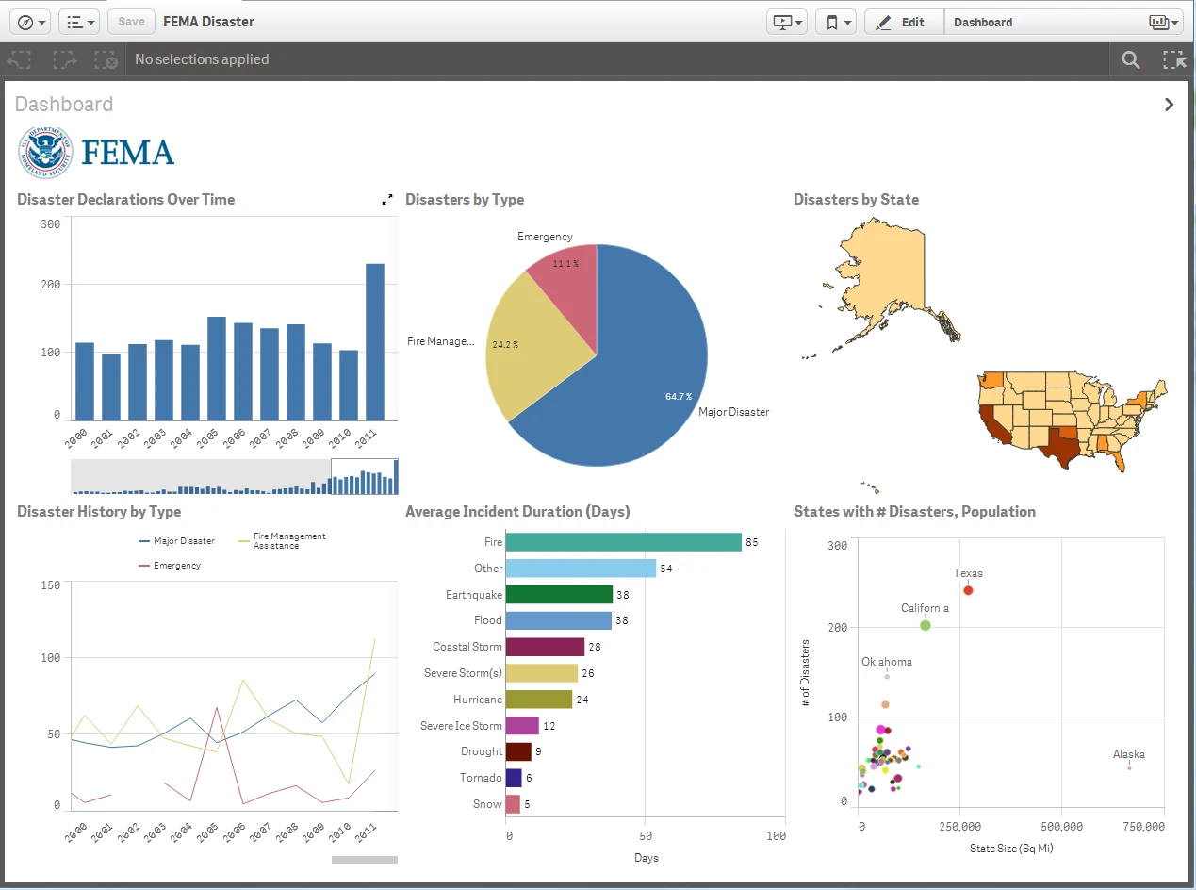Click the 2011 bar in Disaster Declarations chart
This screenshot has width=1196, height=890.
tap(375, 341)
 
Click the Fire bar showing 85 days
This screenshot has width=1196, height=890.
tap(623, 542)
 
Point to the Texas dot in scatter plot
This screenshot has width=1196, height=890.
tap(968, 590)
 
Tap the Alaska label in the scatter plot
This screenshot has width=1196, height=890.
tap(1128, 754)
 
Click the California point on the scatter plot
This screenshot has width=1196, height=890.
tap(926, 625)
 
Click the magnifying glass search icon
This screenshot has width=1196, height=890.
tap(1131, 60)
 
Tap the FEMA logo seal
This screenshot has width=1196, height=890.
tap(45, 152)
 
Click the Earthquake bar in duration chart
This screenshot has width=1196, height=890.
tap(559, 594)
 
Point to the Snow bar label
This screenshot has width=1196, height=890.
tap(487, 804)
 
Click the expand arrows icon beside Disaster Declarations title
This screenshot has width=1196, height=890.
tap(387, 200)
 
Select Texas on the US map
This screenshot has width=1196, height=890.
tap(1059, 443)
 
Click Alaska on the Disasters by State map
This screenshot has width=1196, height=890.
tap(886, 273)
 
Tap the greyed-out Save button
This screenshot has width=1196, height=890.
tap(131, 22)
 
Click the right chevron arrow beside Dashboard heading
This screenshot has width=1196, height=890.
tap(1169, 105)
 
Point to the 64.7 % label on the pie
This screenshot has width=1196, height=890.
tap(678, 397)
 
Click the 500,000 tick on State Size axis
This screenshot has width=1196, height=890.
tap(1061, 826)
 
